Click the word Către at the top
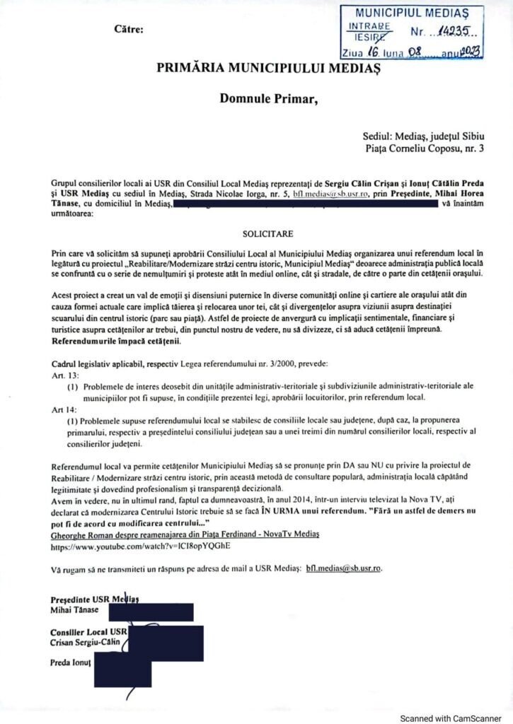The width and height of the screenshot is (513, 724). (128, 30)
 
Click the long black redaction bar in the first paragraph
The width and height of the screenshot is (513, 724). (306, 205)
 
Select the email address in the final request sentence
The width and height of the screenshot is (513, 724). (342, 568)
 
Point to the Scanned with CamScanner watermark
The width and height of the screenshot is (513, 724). (451, 718)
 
